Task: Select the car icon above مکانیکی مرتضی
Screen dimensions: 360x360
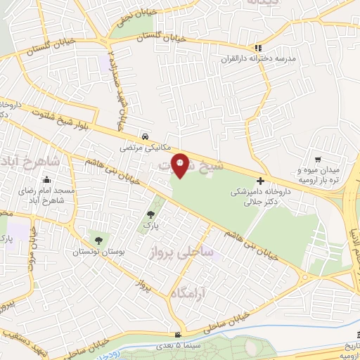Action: [x=144, y=136]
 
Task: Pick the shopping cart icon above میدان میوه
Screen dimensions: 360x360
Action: [x=319, y=159]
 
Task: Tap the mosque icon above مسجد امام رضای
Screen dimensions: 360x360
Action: [x=46, y=179]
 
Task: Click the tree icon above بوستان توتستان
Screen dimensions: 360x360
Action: [x=96, y=238]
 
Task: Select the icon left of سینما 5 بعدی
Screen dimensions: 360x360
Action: [x=179, y=334]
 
